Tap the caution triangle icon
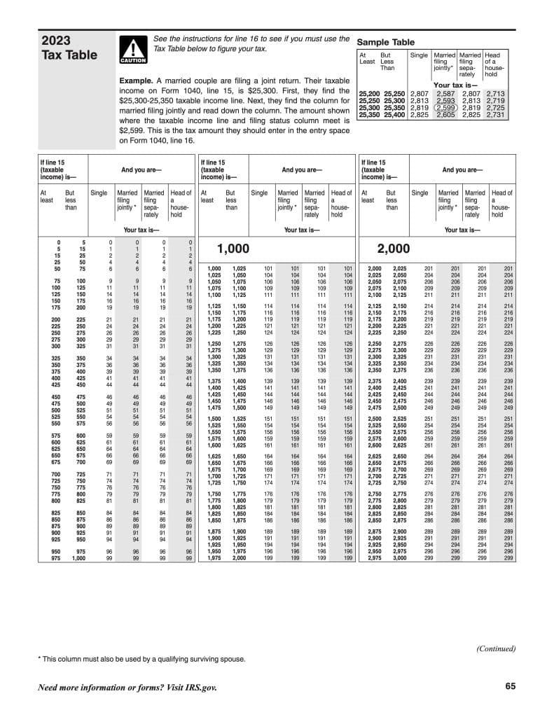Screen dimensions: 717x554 pos(132,50)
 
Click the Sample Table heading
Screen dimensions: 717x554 pos(386,42)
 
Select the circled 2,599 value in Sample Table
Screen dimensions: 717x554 pos(445,107)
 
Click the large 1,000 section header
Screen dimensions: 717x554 pos(233,249)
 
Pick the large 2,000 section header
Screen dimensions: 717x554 pos(393,249)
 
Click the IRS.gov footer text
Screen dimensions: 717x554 pos(127,688)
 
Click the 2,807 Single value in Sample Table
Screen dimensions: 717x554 pos(419,93)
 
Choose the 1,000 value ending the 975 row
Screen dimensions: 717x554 pos(78,558)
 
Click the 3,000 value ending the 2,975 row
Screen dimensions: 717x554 pos(399,558)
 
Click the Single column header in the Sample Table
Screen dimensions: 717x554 pos(419,55)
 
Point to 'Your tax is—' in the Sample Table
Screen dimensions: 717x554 pos(455,85)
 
